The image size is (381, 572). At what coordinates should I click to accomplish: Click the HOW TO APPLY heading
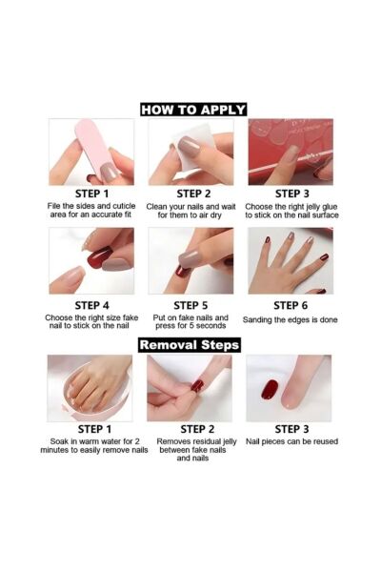193,110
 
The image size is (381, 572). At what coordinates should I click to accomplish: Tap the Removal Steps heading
190,345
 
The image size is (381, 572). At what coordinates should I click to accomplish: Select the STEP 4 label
91,305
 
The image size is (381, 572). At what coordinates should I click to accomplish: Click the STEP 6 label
291,305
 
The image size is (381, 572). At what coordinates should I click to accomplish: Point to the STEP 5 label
190,305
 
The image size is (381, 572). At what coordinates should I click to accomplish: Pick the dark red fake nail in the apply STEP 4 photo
99,258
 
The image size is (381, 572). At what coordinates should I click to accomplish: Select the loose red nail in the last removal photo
270,390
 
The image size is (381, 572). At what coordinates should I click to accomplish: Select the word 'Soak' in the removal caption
58,441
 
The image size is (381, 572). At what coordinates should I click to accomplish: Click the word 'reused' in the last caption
326,441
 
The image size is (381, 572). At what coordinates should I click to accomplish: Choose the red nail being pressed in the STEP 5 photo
180,272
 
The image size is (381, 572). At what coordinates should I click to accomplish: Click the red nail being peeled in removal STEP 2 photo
197,385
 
